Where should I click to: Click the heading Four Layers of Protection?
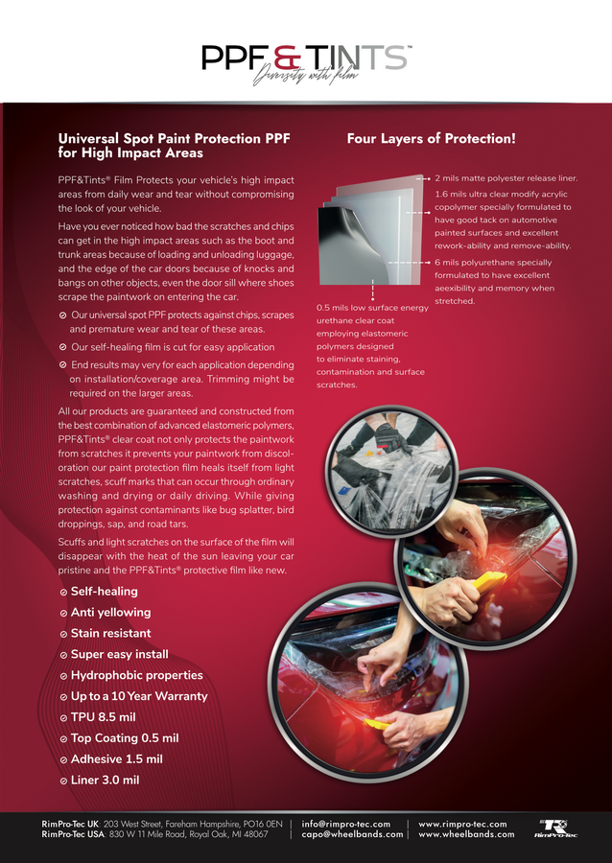tap(431, 138)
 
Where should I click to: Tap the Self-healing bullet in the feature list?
tap(104, 592)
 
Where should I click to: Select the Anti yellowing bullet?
tap(110, 613)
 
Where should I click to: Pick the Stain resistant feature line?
tap(110, 634)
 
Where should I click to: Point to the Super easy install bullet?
tap(119, 655)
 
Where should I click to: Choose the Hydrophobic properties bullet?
tap(136, 676)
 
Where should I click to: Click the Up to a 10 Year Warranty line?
tap(138, 697)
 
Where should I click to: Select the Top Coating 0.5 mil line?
tap(125, 738)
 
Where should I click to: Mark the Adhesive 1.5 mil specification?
tap(116, 759)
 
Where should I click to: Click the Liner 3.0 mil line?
tap(105, 781)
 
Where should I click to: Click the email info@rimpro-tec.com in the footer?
tap(345, 824)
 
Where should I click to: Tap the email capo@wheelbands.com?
tap(352, 834)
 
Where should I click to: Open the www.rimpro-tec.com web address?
tap(462, 824)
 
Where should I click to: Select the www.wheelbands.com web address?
tap(466, 834)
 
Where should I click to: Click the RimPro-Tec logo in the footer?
tap(557, 828)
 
